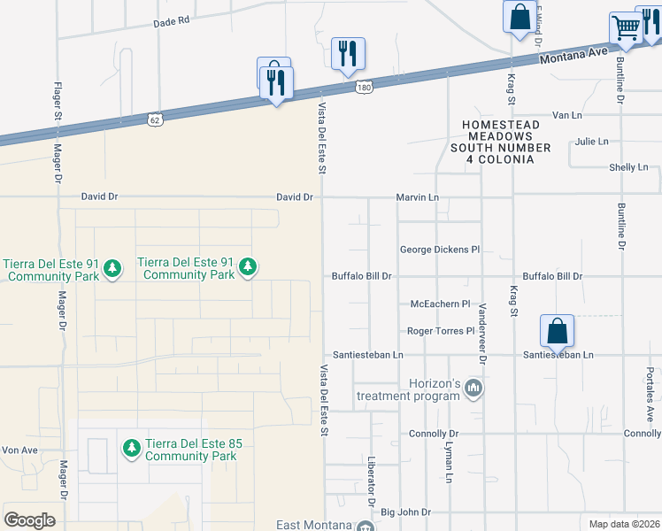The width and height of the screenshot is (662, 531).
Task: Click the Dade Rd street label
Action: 172,19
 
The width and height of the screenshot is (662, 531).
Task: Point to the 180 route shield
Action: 364,87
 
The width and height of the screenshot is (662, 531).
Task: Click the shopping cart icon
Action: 626,28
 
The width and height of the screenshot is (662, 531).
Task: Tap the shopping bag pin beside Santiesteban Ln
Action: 557,331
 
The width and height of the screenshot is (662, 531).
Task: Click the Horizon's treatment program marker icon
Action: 473,388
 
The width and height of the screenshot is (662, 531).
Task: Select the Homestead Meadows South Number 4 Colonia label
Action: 500,142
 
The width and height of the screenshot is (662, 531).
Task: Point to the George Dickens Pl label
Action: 440,250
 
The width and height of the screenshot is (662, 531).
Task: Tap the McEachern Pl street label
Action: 441,304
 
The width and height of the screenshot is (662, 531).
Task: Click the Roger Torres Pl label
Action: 441,331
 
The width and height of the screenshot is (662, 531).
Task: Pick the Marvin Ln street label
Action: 417,197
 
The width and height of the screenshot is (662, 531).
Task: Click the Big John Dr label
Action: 405,512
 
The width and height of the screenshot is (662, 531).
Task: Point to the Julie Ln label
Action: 591,142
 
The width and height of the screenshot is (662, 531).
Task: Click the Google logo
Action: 29,520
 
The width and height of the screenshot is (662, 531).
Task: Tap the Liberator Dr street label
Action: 373,481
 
